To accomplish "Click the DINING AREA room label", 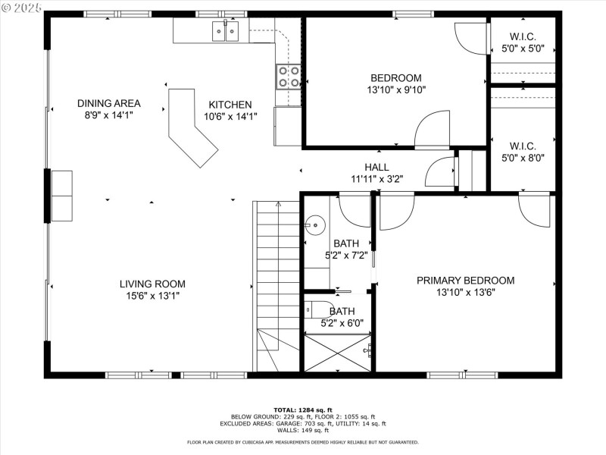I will click(108, 103).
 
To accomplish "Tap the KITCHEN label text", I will click(230, 105).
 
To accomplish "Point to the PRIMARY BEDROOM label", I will click(465, 280).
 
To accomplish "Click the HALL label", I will click(376, 167).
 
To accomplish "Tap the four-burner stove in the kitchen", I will click(288, 77).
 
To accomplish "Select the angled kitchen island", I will click(191, 127).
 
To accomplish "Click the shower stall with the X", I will click(338, 353).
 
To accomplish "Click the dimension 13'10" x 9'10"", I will click(395, 89).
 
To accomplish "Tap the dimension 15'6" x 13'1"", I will click(152, 296).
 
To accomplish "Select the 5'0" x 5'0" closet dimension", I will click(523, 49).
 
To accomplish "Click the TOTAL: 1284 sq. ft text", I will click(302, 409).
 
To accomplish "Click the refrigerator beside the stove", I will click(288, 126).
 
